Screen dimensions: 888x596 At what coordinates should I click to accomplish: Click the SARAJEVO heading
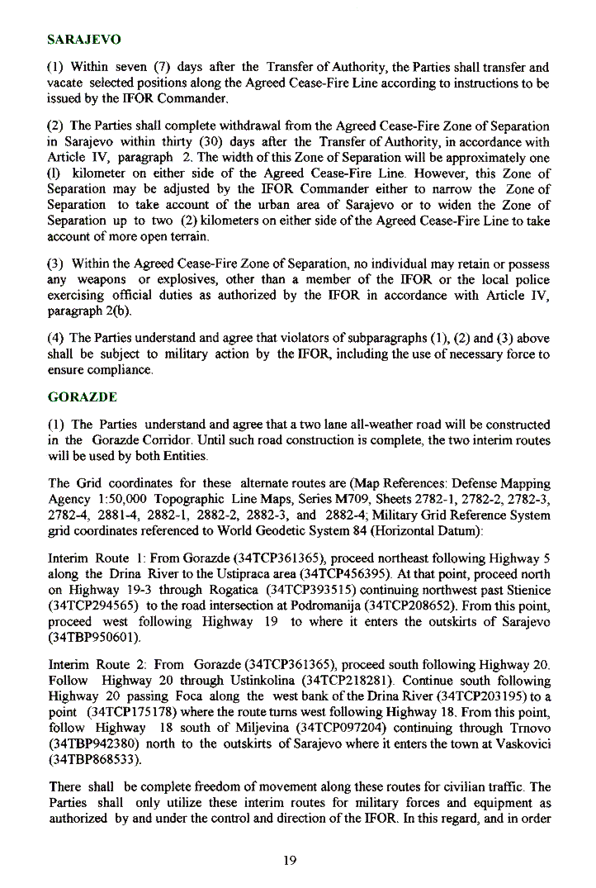[x=85, y=40]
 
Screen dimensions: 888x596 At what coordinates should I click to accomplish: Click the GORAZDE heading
[x=82, y=397]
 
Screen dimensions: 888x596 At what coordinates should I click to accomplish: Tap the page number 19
[x=289, y=861]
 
